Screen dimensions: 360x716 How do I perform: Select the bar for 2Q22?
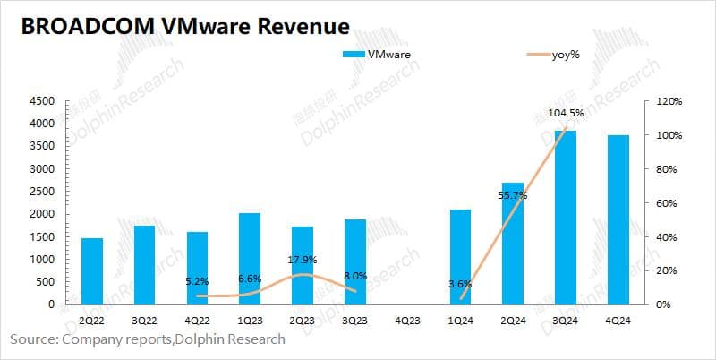click(x=92, y=271)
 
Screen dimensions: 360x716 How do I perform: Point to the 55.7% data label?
click(x=513, y=194)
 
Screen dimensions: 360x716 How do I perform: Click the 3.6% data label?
click(x=459, y=285)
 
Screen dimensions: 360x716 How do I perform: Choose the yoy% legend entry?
click(x=554, y=55)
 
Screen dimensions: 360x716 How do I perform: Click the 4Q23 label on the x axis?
click(x=408, y=321)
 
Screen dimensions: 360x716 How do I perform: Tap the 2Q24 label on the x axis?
click(x=514, y=321)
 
